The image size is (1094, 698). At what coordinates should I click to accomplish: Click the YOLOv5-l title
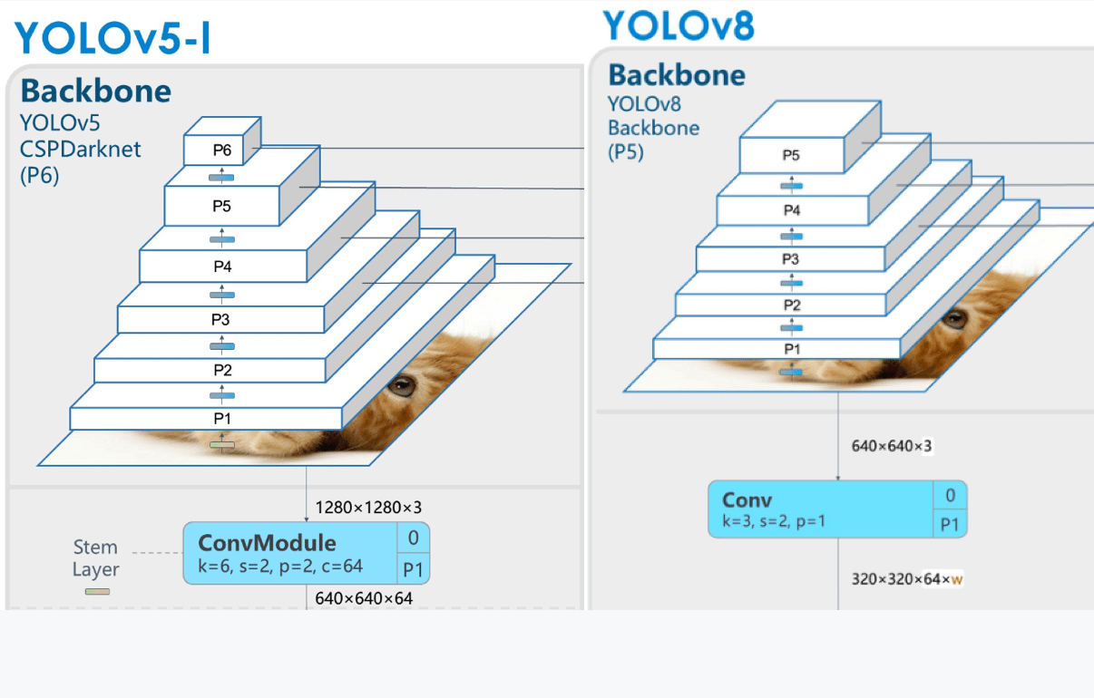112,37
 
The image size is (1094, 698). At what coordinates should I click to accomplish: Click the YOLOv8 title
679,25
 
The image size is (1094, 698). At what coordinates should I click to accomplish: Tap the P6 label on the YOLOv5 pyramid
222,150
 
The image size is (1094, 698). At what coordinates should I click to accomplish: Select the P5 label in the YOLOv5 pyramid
221,206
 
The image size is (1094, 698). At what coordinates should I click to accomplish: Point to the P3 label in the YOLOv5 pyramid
220,320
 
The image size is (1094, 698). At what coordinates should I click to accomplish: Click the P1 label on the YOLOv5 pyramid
222,418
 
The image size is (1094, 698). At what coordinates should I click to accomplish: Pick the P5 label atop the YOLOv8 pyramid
791,155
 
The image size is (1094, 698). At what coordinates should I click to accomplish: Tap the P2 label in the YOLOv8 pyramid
792,305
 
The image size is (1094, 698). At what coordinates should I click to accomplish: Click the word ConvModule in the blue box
268,543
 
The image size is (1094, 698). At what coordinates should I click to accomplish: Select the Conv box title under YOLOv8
747,499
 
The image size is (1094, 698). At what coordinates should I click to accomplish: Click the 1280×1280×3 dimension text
368,507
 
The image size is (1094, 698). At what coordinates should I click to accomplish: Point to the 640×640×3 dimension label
892,446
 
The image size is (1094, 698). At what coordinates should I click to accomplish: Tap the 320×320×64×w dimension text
907,579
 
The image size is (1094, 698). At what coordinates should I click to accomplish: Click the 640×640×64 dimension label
364,598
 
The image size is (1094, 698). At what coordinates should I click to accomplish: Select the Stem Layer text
96,557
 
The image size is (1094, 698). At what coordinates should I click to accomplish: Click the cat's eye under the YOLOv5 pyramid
402,386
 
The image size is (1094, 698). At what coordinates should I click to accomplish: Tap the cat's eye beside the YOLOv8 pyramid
954,319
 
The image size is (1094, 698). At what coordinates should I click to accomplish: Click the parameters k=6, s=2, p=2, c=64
280,567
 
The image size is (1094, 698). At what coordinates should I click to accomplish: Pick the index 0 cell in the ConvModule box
413,538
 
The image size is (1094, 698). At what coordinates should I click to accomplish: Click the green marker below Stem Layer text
97,592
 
